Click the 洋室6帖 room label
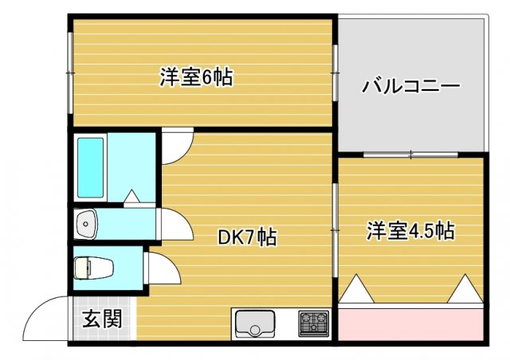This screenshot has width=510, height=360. click(x=195, y=78)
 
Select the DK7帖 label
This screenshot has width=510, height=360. click(x=248, y=237)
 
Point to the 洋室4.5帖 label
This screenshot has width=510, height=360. click(x=410, y=231)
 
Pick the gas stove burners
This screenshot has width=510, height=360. click(x=313, y=323)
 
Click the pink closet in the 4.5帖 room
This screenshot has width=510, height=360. click(x=410, y=323)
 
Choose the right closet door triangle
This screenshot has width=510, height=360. click(x=464, y=288)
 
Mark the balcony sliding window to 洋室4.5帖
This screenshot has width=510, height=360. click(x=410, y=154)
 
